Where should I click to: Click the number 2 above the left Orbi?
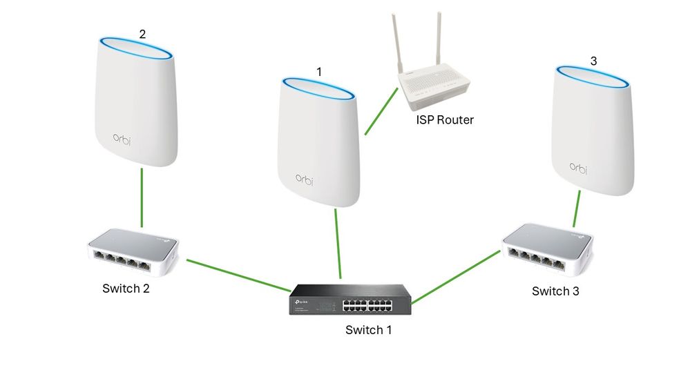coord(142,34)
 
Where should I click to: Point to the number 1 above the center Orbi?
coord(318,71)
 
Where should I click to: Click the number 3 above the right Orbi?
coord(593,61)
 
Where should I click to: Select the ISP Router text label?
coord(445,120)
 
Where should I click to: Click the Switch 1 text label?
coord(368,330)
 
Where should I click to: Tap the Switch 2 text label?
coord(126,289)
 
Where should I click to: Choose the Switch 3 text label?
coord(555,291)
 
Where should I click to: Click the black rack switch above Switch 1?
coord(350,298)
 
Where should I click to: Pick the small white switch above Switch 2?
coord(133,252)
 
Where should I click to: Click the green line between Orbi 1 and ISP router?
coord(380,114)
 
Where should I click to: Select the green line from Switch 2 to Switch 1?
coord(238,275)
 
